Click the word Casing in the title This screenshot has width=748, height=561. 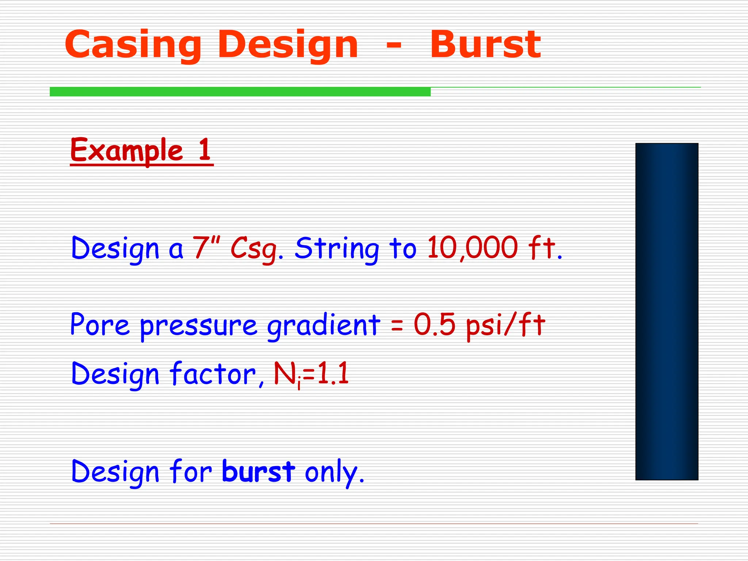click(133, 45)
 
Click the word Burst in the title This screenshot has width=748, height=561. click(485, 45)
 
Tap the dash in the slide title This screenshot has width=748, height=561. click(394, 46)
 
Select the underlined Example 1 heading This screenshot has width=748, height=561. click(141, 150)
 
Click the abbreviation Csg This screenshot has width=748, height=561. click(255, 249)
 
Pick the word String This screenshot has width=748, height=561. click(337, 249)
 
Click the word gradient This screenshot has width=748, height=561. click(324, 325)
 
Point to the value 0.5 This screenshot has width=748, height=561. click(434, 324)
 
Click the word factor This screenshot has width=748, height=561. click(213, 374)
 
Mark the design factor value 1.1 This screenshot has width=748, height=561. click(333, 374)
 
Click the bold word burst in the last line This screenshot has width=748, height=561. click(258, 471)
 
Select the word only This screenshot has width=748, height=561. click(334, 473)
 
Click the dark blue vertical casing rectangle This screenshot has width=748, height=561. click(667, 311)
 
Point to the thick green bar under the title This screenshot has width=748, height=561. click(240, 92)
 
